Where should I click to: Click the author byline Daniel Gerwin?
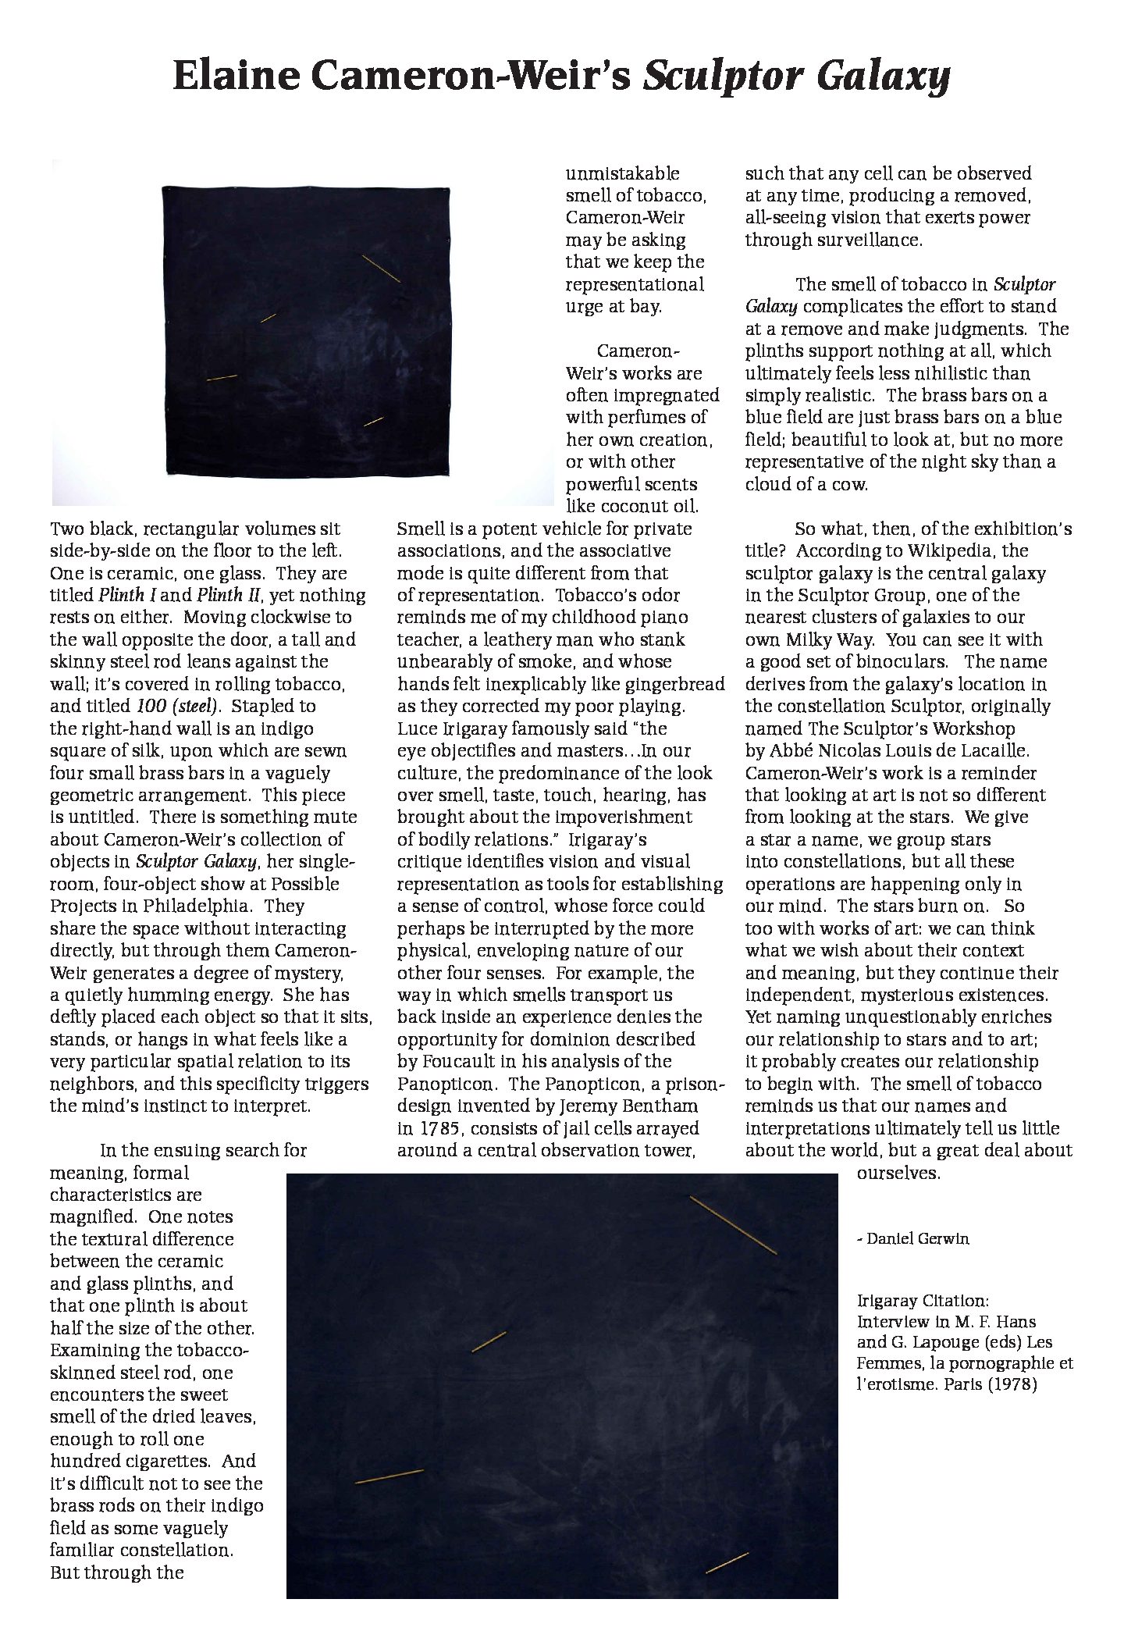917,1238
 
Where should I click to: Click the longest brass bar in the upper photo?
382,269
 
